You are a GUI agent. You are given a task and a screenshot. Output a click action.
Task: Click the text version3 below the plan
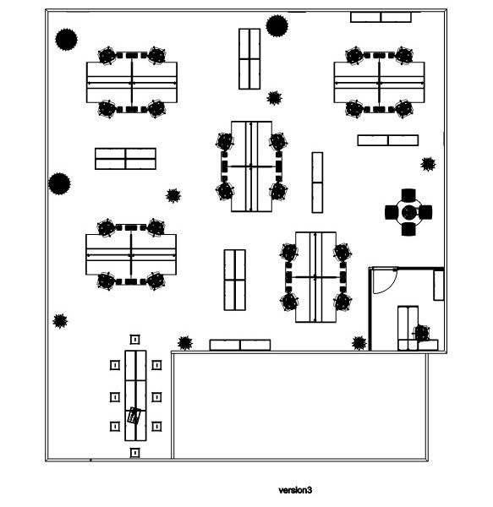click(295, 490)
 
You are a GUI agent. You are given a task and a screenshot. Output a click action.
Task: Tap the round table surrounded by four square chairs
click(409, 212)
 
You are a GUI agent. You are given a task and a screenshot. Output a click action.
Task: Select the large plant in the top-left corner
click(66, 40)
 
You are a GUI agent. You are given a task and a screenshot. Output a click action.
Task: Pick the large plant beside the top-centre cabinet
click(277, 26)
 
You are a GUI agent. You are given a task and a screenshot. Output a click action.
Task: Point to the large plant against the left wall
click(59, 183)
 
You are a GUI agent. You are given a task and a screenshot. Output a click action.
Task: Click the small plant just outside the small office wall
click(359, 343)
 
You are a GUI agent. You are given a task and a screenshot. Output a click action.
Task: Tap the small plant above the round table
click(428, 164)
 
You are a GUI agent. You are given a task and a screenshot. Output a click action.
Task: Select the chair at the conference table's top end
click(135, 340)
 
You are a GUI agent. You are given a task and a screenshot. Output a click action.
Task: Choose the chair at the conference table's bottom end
click(135, 453)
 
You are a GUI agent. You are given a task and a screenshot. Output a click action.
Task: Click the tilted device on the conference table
click(134, 416)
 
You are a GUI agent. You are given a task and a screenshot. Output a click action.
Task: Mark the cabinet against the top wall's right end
click(381, 17)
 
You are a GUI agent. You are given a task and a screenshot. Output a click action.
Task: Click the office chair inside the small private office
click(422, 333)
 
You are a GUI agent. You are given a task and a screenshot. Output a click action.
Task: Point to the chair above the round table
click(408, 194)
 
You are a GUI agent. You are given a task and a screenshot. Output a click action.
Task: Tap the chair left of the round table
click(391, 212)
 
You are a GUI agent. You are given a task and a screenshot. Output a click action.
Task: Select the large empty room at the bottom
click(299, 406)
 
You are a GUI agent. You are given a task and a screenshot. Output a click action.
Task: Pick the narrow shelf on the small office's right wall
click(439, 286)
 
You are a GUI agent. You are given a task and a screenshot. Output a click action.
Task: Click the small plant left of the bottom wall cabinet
click(185, 343)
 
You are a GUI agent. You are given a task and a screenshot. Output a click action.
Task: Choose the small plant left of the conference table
click(60, 321)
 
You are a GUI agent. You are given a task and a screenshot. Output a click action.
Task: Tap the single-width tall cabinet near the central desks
click(317, 183)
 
